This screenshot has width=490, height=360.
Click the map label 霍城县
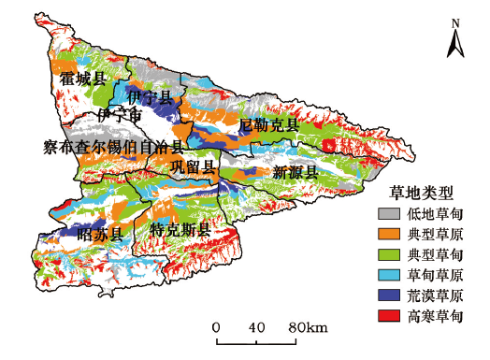pyautogui.click(x=81, y=79)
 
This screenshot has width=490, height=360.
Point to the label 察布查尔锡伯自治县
pyautogui.click(x=114, y=146)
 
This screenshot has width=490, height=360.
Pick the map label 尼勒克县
pyautogui.click(x=269, y=124)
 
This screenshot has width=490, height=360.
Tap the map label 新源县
pyautogui.click(x=295, y=172)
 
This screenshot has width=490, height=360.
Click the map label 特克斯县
pyautogui.click(x=180, y=229)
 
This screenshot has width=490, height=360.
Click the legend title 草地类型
pyautogui.click(x=422, y=194)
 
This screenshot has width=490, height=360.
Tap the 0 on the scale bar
pyautogui.click(x=216, y=327)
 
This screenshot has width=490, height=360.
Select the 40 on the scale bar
pyautogui.click(x=258, y=327)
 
